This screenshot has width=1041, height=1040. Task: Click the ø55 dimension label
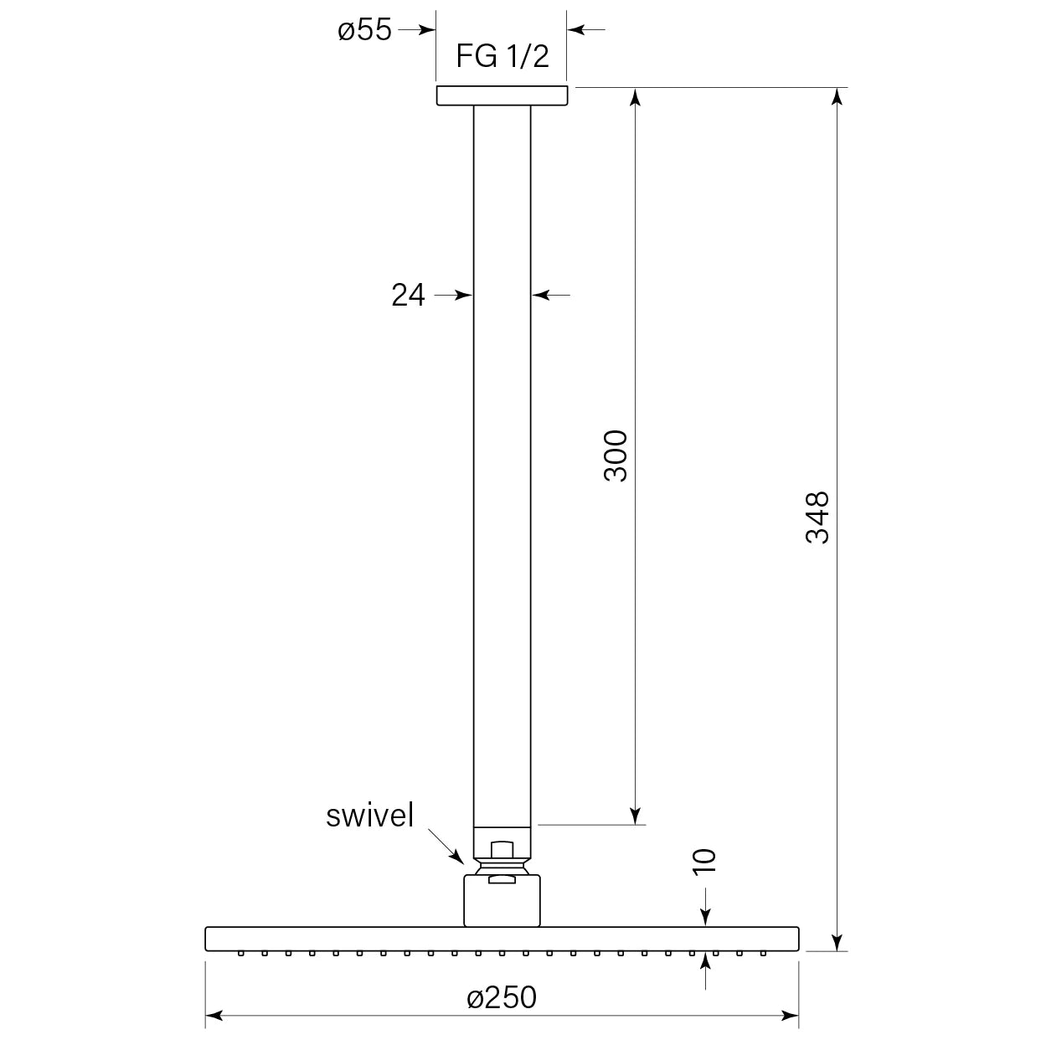[364, 29]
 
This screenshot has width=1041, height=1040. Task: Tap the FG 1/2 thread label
[502, 56]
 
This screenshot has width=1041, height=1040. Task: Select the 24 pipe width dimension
[408, 295]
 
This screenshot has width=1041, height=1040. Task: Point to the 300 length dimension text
[616, 456]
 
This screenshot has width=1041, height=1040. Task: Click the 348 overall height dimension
[817, 517]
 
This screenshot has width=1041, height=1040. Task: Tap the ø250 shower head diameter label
[502, 997]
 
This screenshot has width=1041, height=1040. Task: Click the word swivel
[370, 816]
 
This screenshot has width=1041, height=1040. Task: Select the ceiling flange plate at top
[502, 95]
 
